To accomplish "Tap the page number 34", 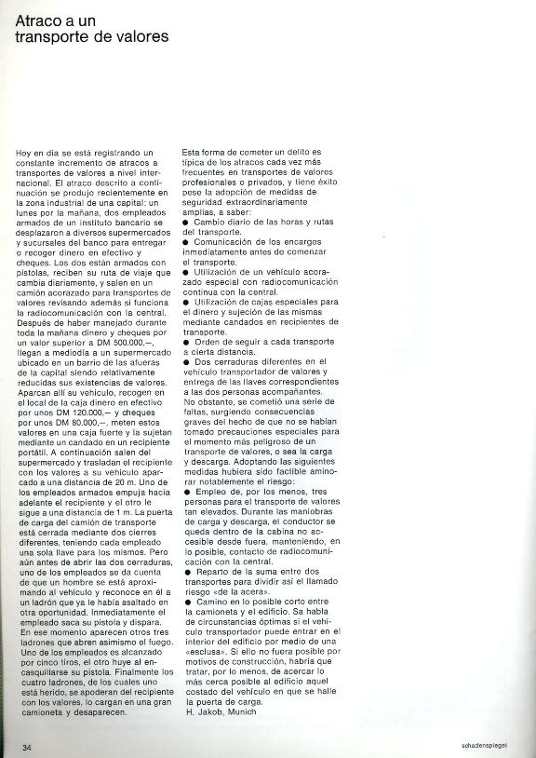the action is pos(27,747).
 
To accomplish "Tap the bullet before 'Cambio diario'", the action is pos(185,222).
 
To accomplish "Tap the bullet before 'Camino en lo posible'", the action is pos(185,602).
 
